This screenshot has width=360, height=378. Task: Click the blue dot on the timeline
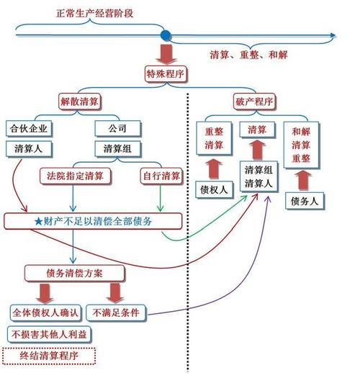point(166,35)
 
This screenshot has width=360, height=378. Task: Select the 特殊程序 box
point(166,73)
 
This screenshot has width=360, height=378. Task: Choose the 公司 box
point(117,130)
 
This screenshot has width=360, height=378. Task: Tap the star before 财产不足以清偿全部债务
point(29,220)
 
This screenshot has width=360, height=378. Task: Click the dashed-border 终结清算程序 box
point(50,355)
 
